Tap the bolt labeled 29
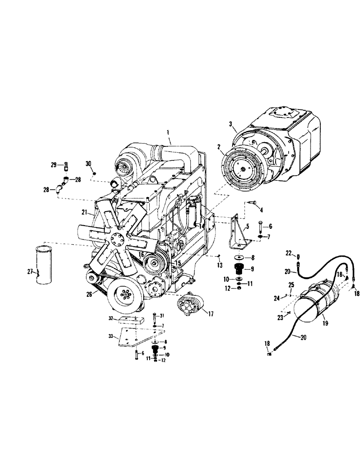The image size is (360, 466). pyautogui.click(x=66, y=165)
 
